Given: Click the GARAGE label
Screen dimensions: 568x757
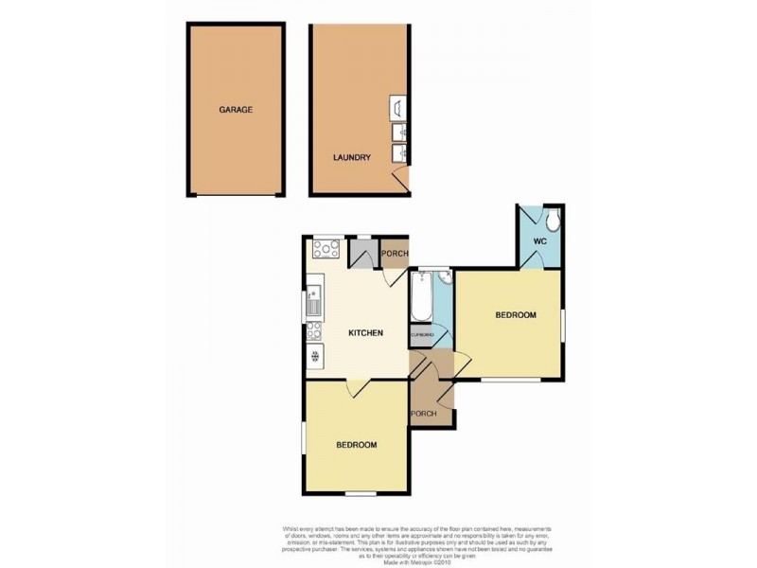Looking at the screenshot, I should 236,110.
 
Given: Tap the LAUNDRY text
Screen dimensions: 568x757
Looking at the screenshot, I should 351,158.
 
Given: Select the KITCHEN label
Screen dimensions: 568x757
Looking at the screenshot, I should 365,333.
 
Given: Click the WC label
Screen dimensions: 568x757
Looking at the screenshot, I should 539,241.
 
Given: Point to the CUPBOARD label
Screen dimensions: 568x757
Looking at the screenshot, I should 422,335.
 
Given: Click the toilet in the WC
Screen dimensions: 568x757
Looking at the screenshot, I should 554,221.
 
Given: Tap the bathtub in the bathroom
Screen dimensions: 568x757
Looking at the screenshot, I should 422,297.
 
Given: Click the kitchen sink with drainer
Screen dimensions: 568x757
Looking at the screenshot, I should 314,302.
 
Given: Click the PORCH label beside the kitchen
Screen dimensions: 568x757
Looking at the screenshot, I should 394,253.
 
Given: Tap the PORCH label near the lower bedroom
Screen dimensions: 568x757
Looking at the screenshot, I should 422,414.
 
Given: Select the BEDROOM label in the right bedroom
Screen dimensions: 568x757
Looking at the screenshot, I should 516,315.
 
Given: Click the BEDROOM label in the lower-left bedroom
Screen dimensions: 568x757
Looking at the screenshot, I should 357,445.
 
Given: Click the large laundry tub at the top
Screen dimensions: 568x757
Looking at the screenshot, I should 397,106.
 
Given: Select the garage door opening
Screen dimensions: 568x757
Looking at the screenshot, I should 236,196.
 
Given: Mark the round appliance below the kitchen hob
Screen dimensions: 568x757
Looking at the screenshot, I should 313,357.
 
